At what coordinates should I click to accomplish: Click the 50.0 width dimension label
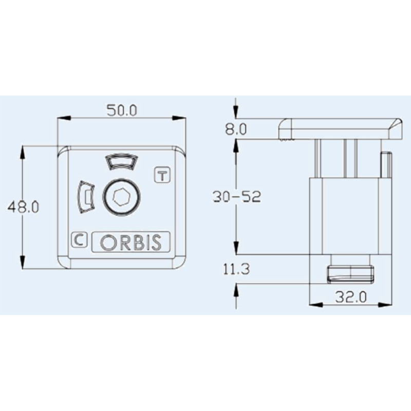(x=121, y=110)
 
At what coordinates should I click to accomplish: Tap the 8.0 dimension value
(x=236, y=128)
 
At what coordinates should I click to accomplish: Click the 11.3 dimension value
(x=236, y=269)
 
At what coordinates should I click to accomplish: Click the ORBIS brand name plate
(x=130, y=242)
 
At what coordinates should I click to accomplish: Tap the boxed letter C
(x=79, y=239)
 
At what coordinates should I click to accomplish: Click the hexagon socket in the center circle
(x=121, y=196)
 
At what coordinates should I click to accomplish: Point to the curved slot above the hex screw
(x=121, y=162)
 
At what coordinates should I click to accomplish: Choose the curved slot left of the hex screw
(x=85, y=197)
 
